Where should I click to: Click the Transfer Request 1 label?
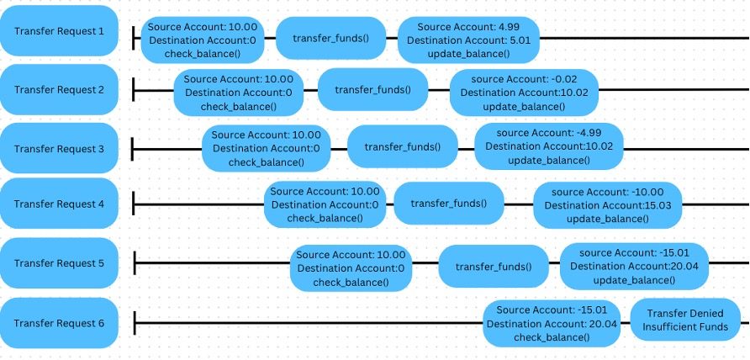(x=59, y=31)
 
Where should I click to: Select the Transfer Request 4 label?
(x=59, y=204)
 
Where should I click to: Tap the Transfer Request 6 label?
(x=59, y=323)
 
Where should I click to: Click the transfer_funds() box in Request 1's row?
(x=331, y=39)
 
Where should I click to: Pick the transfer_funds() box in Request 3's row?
(x=403, y=146)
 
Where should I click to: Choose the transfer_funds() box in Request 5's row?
(x=494, y=266)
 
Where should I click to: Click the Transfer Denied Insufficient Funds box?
(x=685, y=320)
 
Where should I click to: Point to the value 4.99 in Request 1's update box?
(x=509, y=27)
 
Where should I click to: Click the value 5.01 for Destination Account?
(x=520, y=40)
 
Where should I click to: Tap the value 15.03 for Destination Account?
(x=658, y=205)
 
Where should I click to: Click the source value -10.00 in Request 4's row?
(x=647, y=192)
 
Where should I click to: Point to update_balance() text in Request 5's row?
(x=634, y=280)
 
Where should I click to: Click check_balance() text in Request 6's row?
(x=552, y=337)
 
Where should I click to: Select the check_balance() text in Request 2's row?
(x=239, y=106)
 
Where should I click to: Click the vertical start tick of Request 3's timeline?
(x=133, y=149)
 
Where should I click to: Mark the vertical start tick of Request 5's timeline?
(x=135, y=262)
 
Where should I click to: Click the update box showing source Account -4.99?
(x=549, y=146)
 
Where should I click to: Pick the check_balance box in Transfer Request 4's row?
(x=325, y=205)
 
